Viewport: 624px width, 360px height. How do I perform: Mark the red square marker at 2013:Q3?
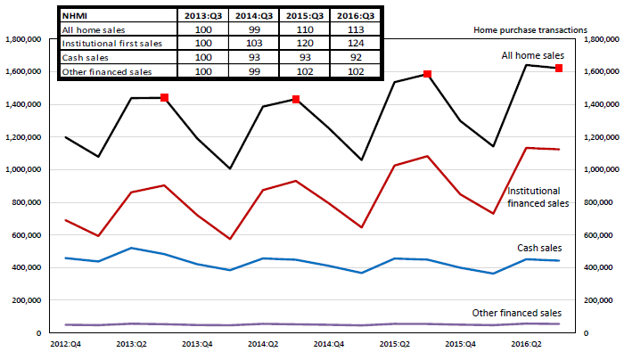(164, 97)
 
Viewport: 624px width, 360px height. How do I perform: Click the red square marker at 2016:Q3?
(559, 68)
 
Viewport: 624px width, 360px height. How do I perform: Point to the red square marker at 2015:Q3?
(427, 74)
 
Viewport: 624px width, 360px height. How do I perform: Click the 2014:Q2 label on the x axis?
(263, 342)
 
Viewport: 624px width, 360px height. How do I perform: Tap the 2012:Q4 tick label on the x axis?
(66, 342)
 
